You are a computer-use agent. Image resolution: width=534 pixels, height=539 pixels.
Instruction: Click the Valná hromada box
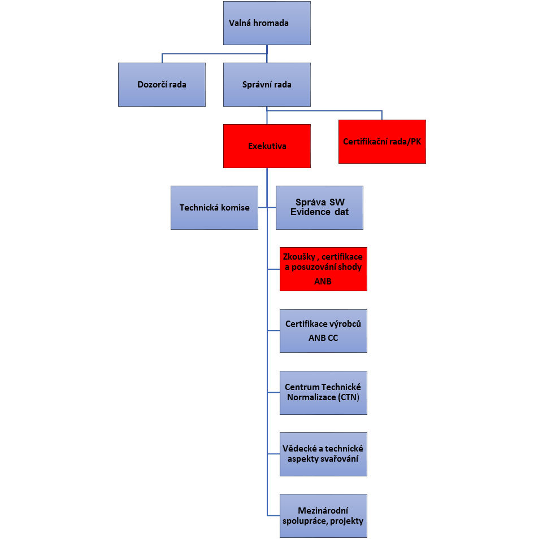tap(267, 23)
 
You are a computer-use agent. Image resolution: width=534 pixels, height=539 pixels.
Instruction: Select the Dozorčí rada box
tap(162, 85)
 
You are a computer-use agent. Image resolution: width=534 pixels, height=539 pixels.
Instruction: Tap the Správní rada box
tap(267, 85)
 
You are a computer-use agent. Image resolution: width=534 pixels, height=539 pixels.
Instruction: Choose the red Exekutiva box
tap(267, 146)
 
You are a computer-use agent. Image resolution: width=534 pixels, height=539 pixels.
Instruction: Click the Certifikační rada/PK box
tap(382, 142)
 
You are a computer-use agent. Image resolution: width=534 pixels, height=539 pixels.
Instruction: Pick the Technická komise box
tap(214, 208)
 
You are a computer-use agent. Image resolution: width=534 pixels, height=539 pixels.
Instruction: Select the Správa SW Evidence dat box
tap(319, 208)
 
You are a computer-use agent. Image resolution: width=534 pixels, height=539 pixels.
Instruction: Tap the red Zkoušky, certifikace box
tap(323, 269)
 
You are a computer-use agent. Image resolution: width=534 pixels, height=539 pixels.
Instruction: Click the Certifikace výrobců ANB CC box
tap(323, 331)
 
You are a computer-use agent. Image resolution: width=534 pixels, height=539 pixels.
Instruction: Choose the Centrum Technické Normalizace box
tap(323, 393)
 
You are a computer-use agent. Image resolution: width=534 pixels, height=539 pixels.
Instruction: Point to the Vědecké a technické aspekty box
tap(323, 454)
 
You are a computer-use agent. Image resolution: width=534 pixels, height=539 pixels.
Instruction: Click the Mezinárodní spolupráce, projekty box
tap(323, 516)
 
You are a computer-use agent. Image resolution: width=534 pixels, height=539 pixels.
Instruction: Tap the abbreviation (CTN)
tap(349, 397)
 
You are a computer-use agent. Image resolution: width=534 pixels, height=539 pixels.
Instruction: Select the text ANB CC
tap(323, 338)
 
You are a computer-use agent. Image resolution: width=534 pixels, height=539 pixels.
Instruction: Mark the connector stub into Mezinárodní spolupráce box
tap(273, 516)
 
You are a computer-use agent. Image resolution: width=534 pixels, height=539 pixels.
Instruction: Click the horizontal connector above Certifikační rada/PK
tap(324, 111)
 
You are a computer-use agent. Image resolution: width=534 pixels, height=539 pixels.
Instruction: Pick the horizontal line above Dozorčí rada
tap(214, 54)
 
